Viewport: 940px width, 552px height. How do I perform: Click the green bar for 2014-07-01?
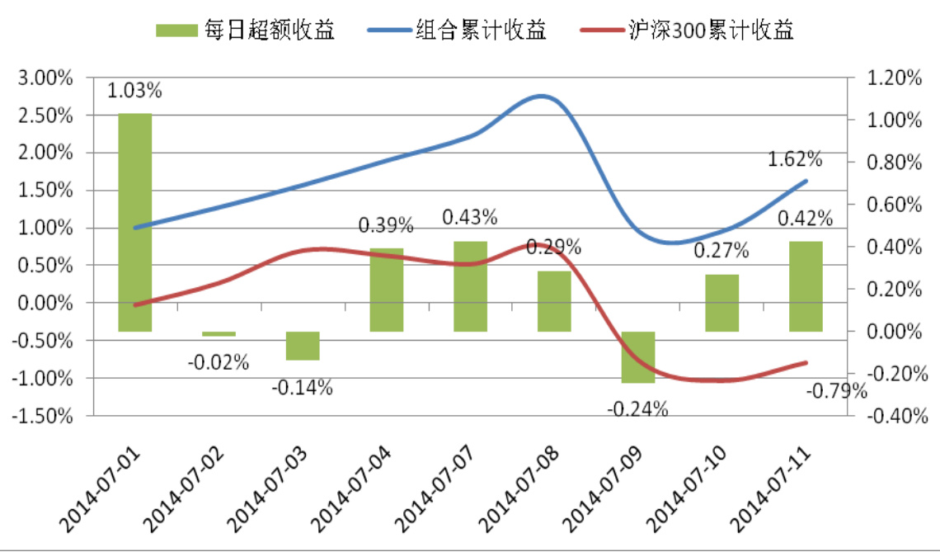134,222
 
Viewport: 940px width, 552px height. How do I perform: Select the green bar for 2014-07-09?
637,356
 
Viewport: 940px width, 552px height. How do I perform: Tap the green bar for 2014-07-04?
386,290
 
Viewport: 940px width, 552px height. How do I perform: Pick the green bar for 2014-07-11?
806,286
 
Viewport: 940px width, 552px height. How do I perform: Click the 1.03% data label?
134,89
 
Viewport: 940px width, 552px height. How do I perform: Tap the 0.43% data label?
470,218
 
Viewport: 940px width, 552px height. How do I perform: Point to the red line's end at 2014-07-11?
806,362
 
